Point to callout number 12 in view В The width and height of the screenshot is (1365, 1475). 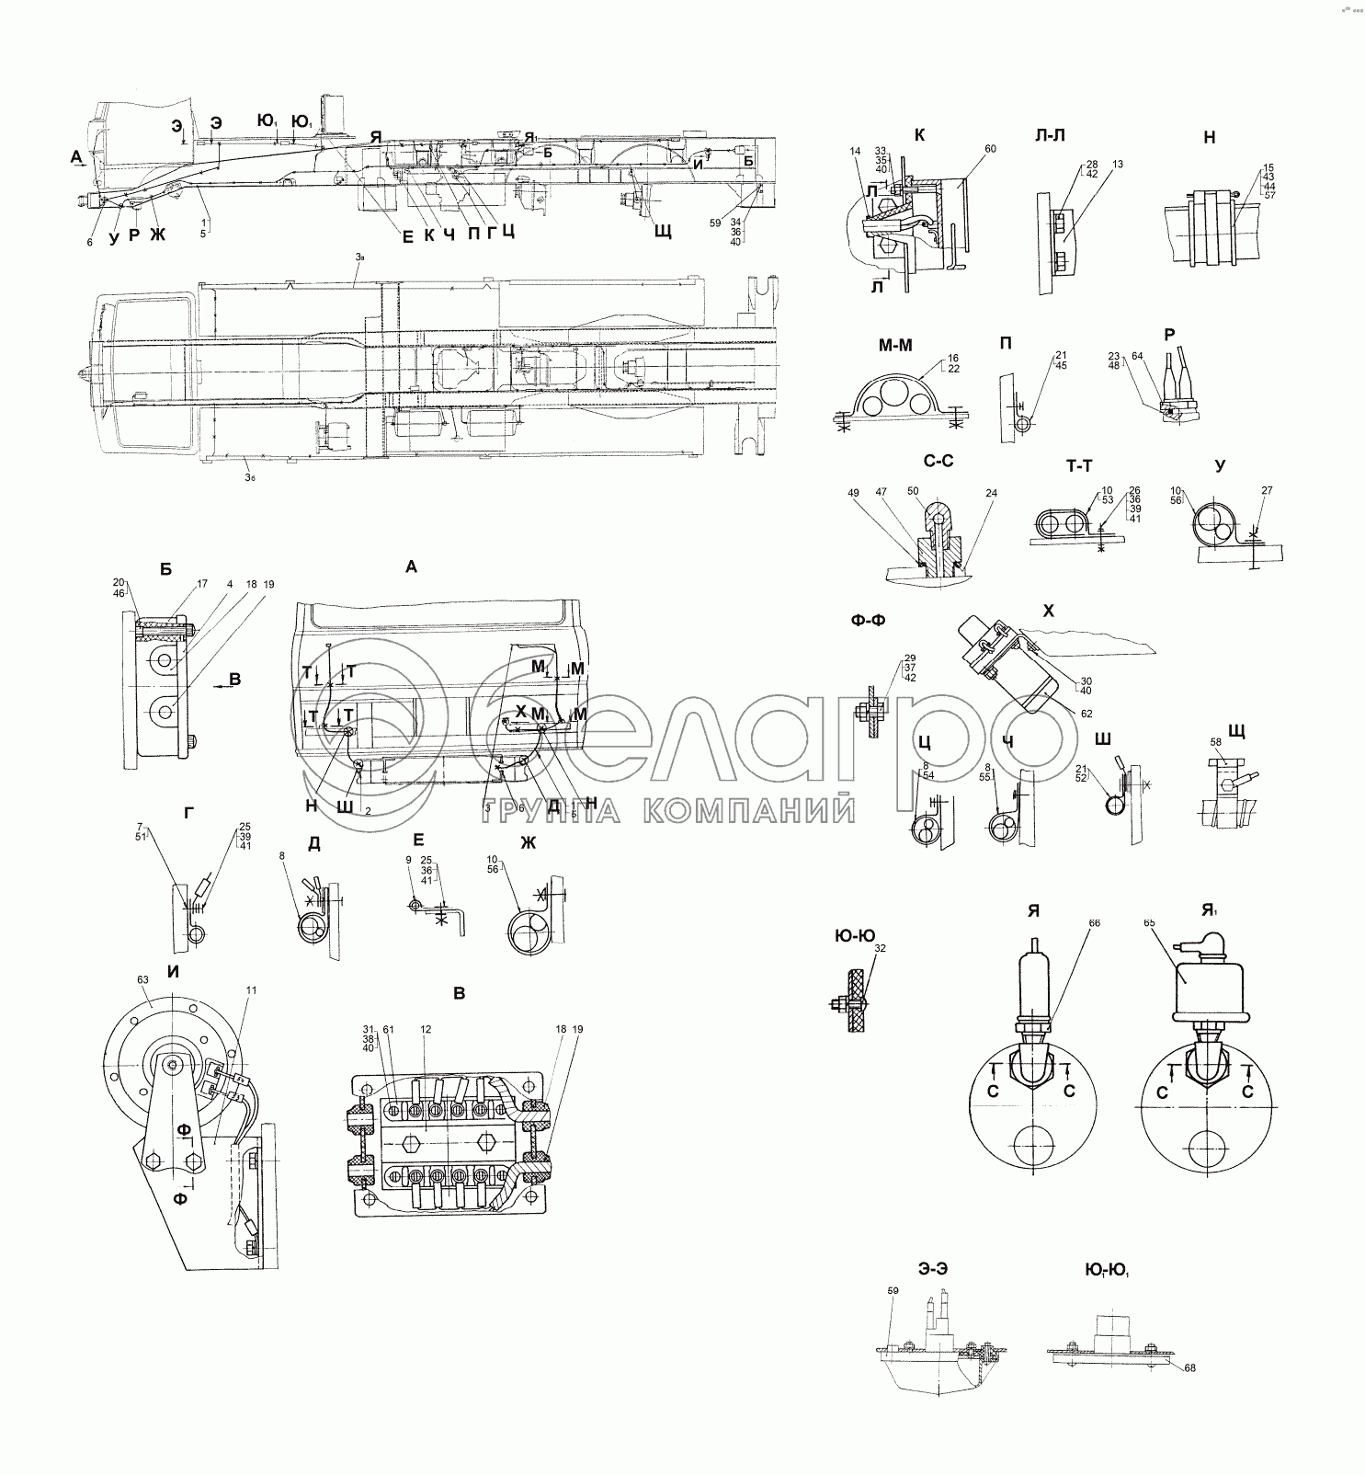[426, 1028]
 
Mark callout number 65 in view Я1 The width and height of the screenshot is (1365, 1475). [1149, 921]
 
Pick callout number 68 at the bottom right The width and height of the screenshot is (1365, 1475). [1190, 1367]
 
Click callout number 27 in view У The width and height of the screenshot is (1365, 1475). [1267, 490]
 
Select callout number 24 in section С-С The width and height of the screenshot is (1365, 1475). [991, 493]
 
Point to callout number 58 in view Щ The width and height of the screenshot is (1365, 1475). [1215, 741]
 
